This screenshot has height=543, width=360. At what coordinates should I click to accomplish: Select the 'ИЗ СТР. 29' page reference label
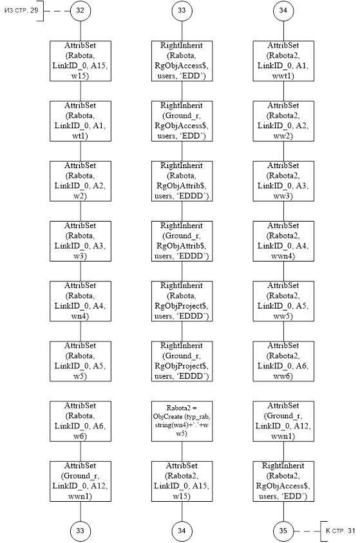(x=21, y=10)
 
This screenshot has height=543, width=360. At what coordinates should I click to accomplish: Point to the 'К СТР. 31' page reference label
(x=341, y=531)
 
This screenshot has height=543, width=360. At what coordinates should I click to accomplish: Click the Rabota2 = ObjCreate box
(x=182, y=421)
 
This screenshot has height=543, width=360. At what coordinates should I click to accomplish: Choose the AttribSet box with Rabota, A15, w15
(x=81, y=61)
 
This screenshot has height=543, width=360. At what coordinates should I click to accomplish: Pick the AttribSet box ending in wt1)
(x=81, y=121)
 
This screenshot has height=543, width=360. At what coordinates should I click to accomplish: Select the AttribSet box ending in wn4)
(x=81, y=301)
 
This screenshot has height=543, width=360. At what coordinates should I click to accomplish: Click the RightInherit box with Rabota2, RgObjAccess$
(x=283, y=481)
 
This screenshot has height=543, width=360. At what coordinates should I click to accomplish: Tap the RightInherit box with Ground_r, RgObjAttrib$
(x=182, y=241)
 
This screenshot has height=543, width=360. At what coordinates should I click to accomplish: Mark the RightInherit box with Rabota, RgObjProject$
(x=182, y=301)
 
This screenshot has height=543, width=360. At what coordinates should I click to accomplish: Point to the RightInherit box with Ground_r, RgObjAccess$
(x=182, y=121)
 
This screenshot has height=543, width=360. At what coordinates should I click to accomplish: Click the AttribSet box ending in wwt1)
(x=283, y=61)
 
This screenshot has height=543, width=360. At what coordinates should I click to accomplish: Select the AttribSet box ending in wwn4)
(x=283, y=241)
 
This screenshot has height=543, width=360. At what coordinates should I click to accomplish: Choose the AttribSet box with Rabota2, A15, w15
(x=182, y=481)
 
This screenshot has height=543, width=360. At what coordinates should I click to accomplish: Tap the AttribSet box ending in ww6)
(x=283, y=361)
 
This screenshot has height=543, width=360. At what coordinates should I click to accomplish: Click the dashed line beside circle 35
(x=307, y=531)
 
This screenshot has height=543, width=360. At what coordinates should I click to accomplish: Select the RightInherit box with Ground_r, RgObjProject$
(x=182, y=361)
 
